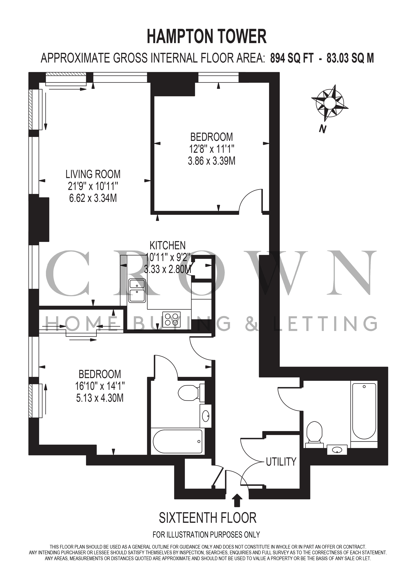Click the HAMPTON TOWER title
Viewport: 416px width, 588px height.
point(207,37)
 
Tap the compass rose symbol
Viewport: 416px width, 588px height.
point(329,103)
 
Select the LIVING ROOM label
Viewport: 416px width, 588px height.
point(93,174)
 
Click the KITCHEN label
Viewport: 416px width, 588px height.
point(168,245)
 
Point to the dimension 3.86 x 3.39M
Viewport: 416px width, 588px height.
point(212,161)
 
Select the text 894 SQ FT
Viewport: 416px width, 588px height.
point(292,58)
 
